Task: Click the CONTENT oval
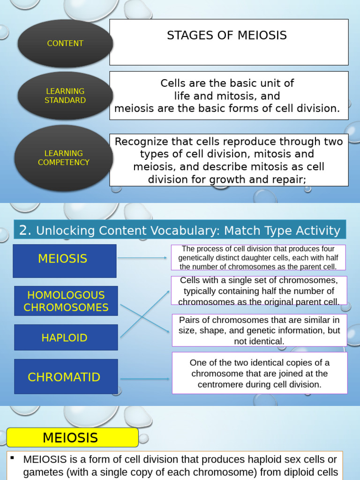65,44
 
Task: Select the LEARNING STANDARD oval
65,96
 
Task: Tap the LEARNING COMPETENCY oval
63,158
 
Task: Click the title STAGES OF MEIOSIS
227,36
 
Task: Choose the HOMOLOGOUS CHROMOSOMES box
66,301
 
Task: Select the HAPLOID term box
66,337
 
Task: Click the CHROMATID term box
66,377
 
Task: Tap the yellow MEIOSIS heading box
70,438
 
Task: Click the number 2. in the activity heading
25,230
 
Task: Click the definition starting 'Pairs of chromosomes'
259,330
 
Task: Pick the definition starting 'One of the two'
259,374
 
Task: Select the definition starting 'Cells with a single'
259,291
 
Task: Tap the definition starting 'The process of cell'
258,258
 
